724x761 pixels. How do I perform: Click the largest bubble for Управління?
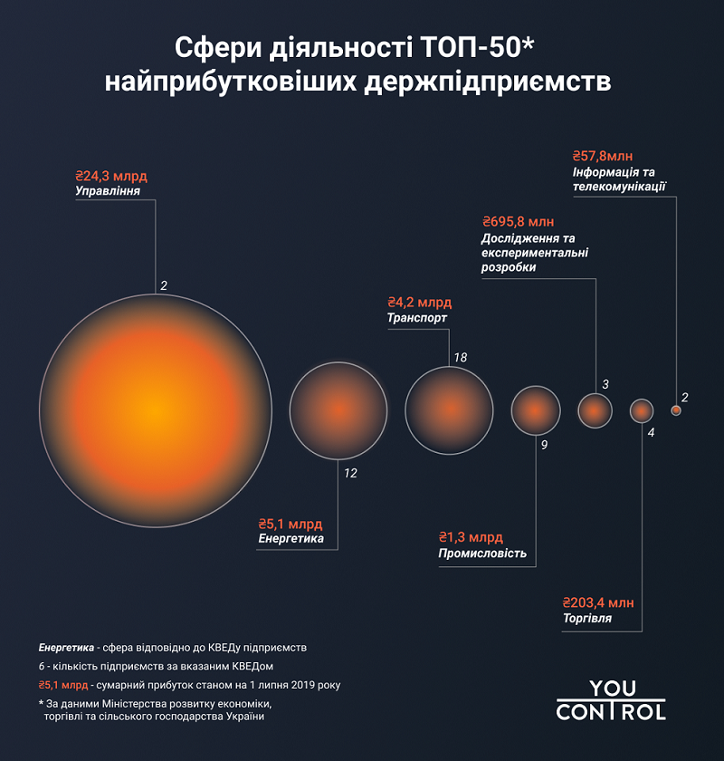[x=155, y=410]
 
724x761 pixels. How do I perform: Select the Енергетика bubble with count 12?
[x=338, y=410]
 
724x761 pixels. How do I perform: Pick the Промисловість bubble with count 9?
[x=536, y=410]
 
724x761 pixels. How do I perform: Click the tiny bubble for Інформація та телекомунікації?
[x=676, y=410]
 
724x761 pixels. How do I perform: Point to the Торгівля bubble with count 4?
[x=642, y=410]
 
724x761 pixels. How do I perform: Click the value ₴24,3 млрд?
[x=111, y=175]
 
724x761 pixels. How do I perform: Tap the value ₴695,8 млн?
[x=518, y=222]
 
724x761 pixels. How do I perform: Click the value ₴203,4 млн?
[x=598, y=602]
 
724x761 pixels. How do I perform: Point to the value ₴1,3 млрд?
[x=471, y=537]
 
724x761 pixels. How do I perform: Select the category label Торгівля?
[x=586, y=619]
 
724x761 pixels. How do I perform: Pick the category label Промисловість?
[x=482, y=554]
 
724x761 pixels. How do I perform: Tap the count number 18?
[x=460, y=358]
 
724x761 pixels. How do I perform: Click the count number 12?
[x=350, y=473]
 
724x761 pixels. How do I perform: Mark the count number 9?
[x=544, y=446]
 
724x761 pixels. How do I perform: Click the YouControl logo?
[x=611, y=700]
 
